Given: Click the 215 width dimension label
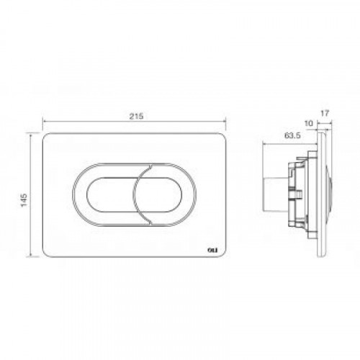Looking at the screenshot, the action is [136, 116].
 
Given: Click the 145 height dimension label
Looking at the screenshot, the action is [24, 200].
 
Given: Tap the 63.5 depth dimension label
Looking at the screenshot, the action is [292, 136].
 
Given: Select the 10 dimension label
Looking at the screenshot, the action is [309, 123].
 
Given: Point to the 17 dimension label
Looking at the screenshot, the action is [325, 113].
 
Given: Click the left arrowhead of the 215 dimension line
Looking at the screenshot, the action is [44, 122].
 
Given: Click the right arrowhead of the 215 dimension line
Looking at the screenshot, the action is [225, 122].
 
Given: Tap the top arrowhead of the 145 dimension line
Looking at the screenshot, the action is [31, 135].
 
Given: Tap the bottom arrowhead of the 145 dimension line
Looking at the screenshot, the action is [31, 256].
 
